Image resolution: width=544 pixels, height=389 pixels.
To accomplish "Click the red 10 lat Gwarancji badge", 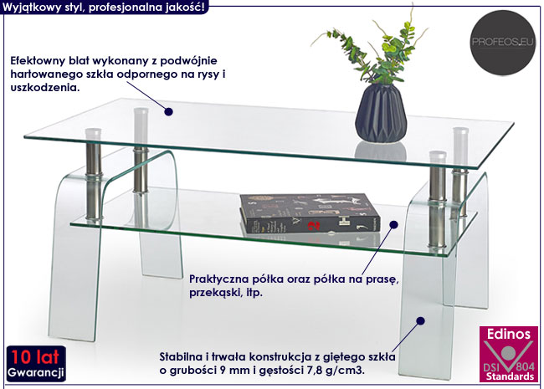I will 34,361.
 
